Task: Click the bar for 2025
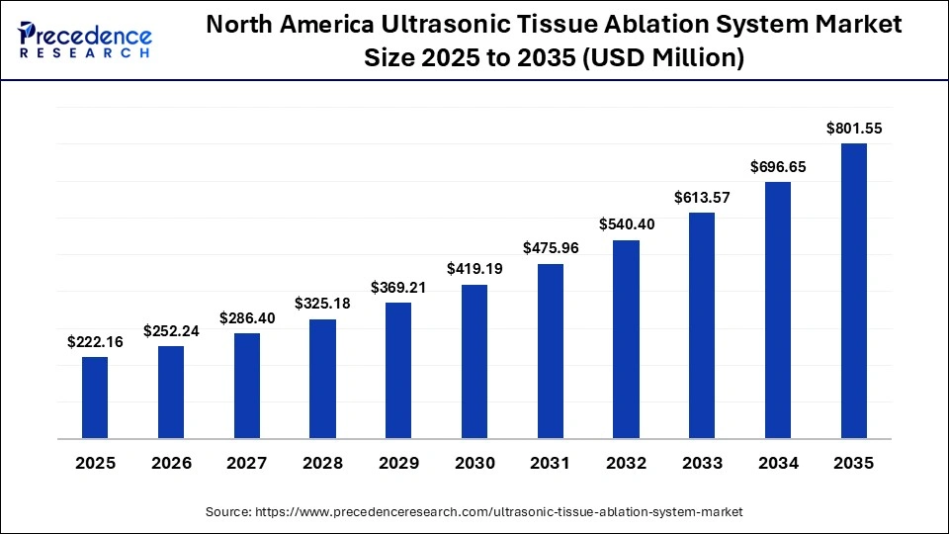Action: point(95,398)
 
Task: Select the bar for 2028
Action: point(322,379)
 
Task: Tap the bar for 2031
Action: point(550,351)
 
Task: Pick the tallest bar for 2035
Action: point(853,291)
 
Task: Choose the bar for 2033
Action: point(702,325)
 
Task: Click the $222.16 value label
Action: point(95,342)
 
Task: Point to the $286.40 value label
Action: point(246,318)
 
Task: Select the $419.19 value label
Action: point(474,268)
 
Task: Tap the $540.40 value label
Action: point(626,224)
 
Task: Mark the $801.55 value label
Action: point(853,129)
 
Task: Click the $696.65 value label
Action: point(777,167)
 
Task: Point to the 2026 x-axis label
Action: point(171,463)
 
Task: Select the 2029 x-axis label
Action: point(398,463)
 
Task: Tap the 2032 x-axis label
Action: point(626,463)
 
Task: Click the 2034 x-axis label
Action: point(777,463)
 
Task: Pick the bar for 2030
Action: point(474,361)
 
